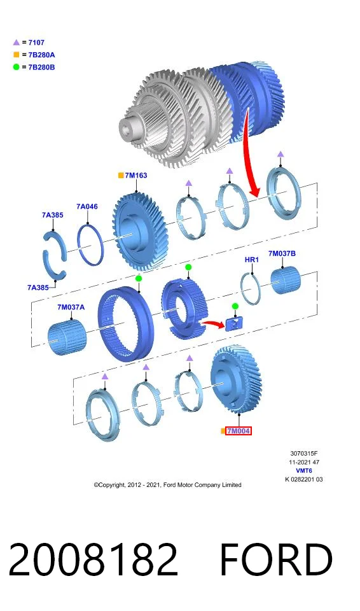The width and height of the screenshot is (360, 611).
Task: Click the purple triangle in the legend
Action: click(16, 43)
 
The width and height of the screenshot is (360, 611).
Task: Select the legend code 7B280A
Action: click(42, 55)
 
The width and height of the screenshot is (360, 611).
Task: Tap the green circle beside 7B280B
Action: click(16, 67)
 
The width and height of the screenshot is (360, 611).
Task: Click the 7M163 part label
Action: click(136, 176)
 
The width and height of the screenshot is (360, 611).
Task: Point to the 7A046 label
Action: click(87, 206)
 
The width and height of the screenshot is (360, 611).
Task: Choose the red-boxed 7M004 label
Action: click(238, 431)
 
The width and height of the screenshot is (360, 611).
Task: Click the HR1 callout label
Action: click(252, 260)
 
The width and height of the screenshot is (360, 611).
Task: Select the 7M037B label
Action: click(282, 254)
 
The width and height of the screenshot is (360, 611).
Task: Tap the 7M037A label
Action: click(71, 307)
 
